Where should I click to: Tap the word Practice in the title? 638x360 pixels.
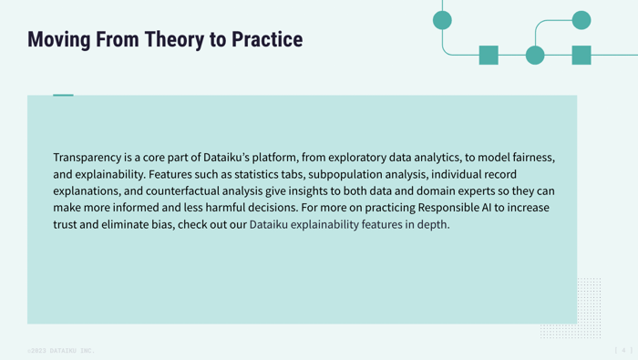tap(267, 40)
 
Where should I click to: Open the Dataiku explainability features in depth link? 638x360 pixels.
tap(349, 224)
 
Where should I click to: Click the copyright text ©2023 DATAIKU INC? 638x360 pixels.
tap(60, 351)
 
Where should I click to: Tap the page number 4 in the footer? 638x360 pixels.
tap(624, 350)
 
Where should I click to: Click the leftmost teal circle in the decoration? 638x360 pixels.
tap(442, 20)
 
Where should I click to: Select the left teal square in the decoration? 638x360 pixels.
tap(489, 55)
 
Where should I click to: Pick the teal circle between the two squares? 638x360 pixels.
tap(535, 55)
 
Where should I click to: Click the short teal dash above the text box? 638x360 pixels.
tap(63, 95)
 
